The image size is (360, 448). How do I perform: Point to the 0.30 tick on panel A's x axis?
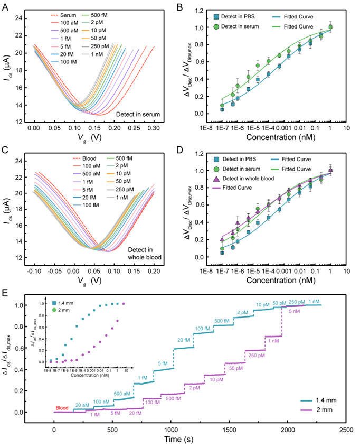pyautogui.click(x=154, y=128)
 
